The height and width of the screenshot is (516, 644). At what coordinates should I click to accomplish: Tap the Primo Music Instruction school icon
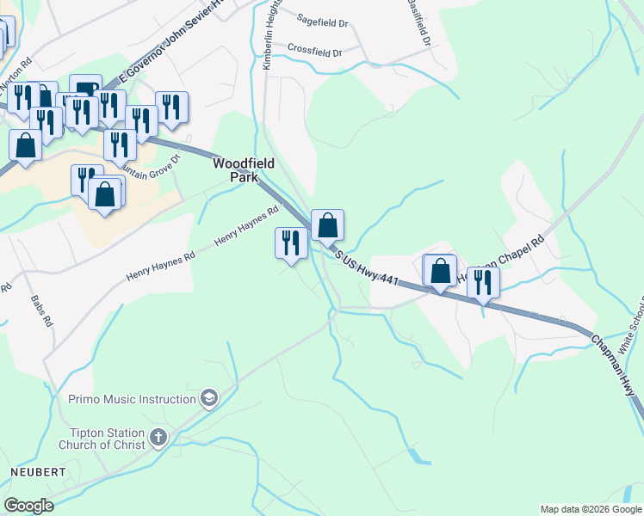pos(207,398)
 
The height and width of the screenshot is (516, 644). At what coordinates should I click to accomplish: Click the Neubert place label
pos(37,473)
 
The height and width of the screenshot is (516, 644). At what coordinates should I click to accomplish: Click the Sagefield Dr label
pos(319,17)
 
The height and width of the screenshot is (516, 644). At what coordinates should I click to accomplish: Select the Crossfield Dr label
pos(314,51)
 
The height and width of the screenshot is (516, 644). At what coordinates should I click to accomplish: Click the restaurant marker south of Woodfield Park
pos(291,243)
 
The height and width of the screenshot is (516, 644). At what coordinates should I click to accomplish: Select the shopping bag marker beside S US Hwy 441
pos(327,225)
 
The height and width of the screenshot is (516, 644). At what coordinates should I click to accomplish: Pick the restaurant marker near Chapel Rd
pos(483,282)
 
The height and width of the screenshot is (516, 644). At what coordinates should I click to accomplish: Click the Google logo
pos(28,505)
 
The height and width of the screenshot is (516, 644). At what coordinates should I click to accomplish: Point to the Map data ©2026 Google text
pos(591,509)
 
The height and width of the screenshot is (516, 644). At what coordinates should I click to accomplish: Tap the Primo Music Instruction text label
pos(132,399)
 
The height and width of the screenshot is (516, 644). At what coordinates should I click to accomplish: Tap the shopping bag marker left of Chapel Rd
pos(440,270)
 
